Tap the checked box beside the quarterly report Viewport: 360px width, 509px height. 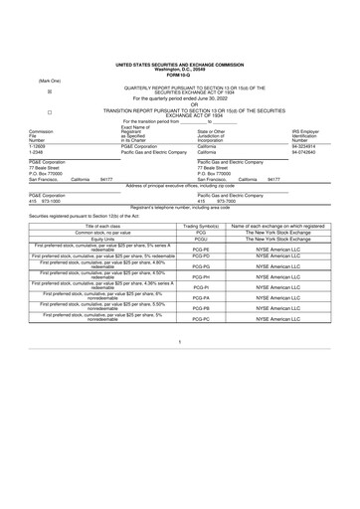(50, 89)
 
